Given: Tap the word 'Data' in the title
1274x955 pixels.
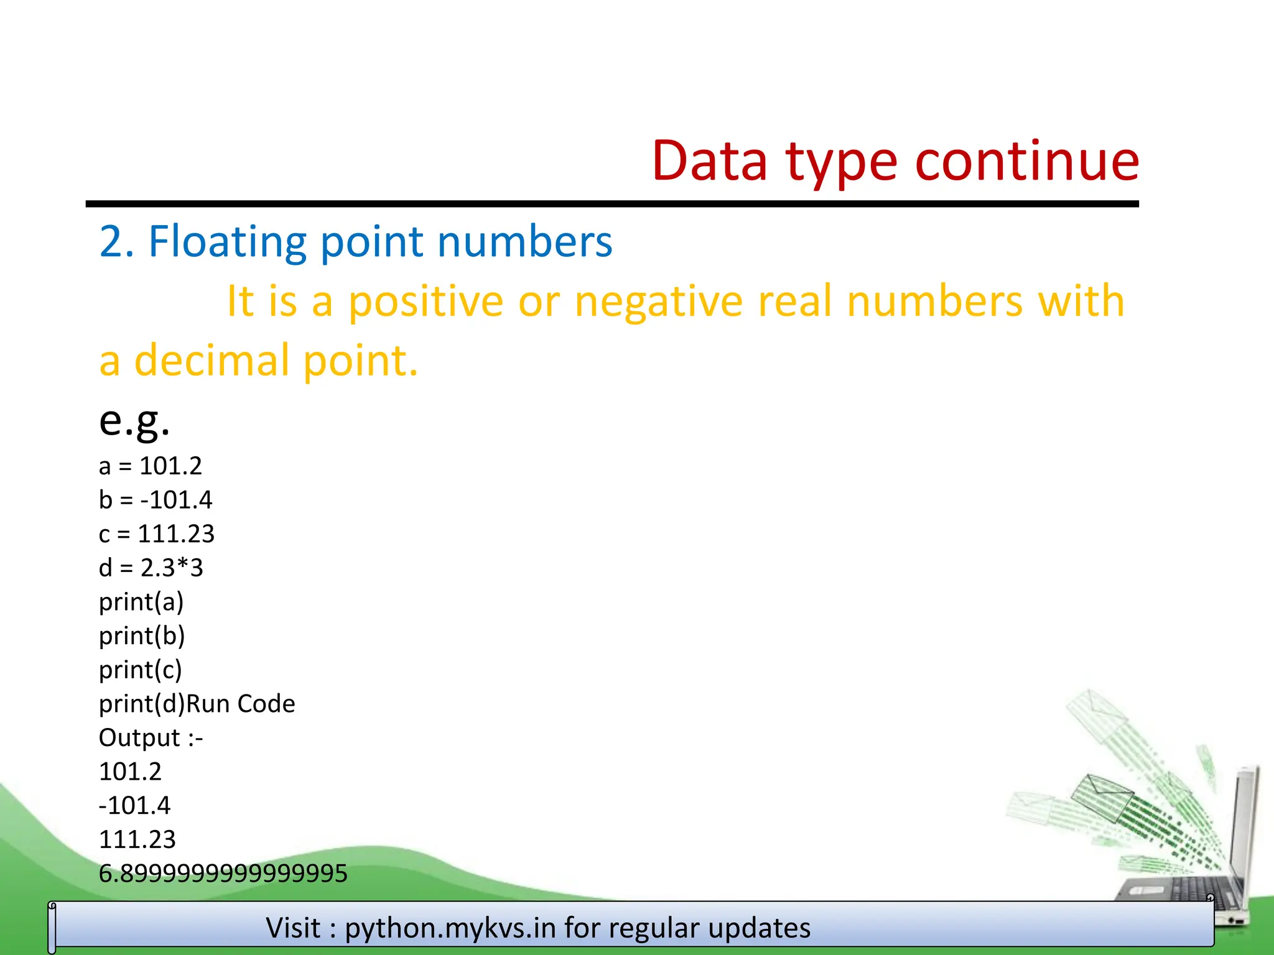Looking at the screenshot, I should pyautogui.click(x=709, y=162).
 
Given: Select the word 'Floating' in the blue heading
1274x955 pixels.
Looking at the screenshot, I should pyautogui.click(x=227, y=242).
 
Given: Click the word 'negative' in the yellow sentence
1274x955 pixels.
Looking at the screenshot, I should pyautogui.click(x=658, y=302).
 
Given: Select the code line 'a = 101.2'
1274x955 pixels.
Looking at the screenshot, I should pyautogui.click(x=151, y=466).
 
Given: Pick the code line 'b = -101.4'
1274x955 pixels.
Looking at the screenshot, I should pyautogui.click(x=156, y=500).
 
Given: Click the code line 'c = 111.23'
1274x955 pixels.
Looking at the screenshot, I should pyautogui.click(x=157, y=534).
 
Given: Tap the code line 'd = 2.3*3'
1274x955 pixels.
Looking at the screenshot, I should pyautogui.click(x=151, y=568).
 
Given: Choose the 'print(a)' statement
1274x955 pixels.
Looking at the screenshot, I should pyautogui.click(x=141, y=602).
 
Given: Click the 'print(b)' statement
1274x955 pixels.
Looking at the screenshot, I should pyautogui.click(x=142, y=636).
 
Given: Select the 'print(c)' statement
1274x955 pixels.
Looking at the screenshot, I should pyautogui.click(x=141, y=670).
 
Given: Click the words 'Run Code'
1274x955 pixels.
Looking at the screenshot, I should pyautogui.click(x=241, y=704).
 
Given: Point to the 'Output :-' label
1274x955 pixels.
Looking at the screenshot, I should pyautogui.click(x=151, y=738).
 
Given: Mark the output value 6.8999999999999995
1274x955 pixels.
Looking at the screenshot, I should pyautogui.click(x=223, y=874).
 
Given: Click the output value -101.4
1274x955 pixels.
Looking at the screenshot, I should pyautogui.click(x=134, y=806).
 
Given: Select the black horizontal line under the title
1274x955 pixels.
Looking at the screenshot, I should pyautogui.click(x=612, y=204).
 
